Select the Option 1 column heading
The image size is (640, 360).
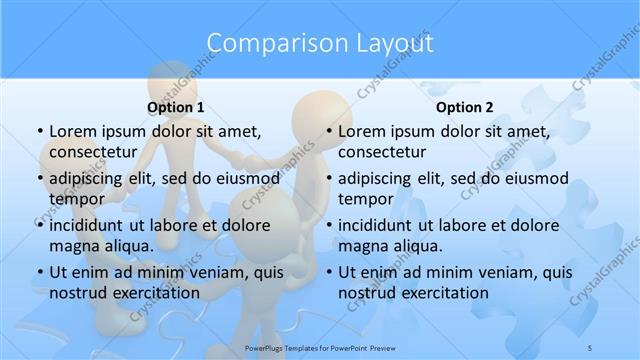(176, 107)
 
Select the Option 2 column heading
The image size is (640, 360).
(465, 107)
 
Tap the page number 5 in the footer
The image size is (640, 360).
(590, 348)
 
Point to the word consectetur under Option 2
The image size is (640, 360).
(382, 152)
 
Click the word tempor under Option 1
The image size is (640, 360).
(77, 199)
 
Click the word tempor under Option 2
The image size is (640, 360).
(366, 199)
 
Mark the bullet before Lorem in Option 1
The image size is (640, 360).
(38, 132)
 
